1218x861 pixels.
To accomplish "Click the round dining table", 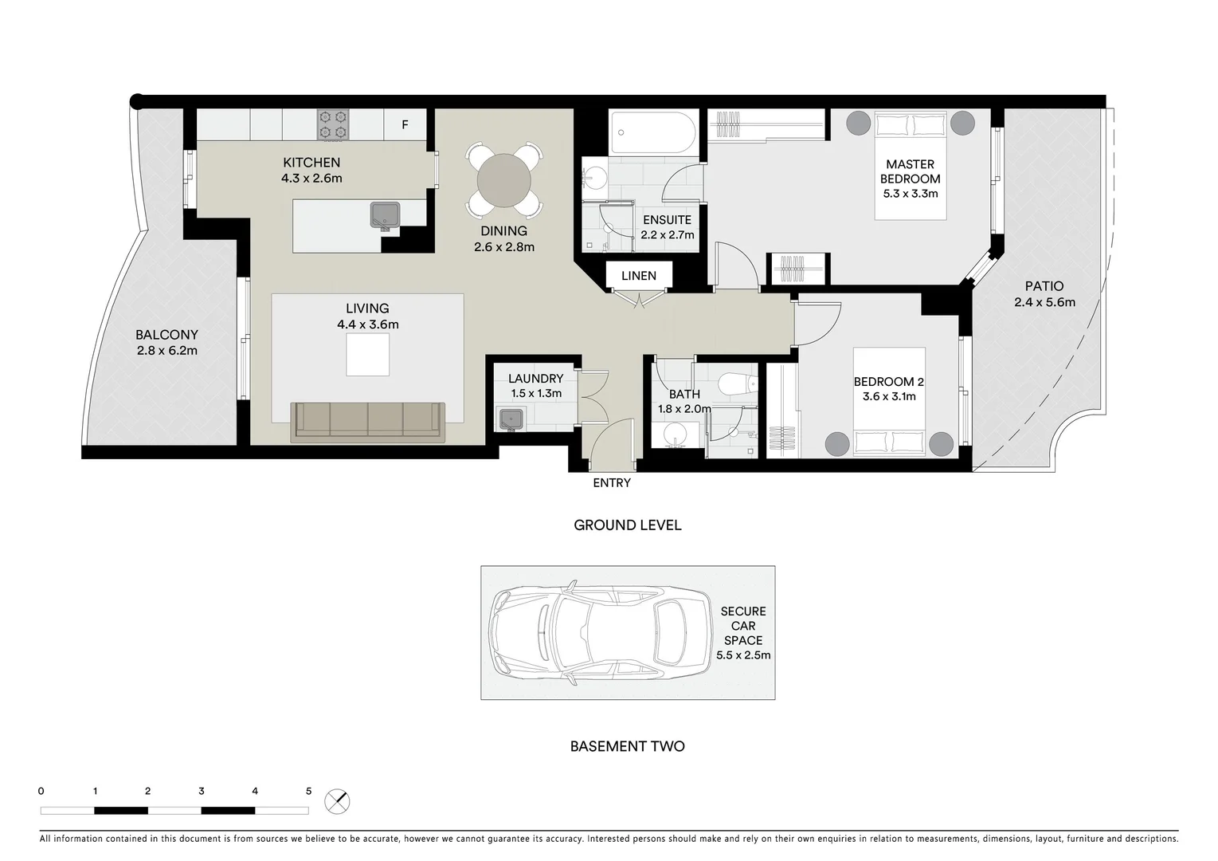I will [x=503, y=180].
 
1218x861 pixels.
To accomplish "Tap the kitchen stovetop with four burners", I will [x=333, y=124].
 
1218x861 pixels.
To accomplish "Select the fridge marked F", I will [x=405, y=124].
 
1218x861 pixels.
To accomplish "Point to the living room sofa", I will [x=368, y=420].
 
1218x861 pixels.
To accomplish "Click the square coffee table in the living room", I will [x=367, y=354].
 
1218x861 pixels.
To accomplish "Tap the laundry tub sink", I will [x=509, y=419].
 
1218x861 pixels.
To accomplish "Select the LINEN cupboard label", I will [x=639, y=276].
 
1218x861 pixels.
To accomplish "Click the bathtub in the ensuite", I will [x=653, y=132].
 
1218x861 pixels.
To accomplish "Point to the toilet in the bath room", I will [x=737, y=384].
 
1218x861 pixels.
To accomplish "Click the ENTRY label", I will [x=612, y=483].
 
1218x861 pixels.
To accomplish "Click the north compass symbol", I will [x=337, y=801].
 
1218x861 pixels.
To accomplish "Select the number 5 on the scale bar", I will [x=308, y=792].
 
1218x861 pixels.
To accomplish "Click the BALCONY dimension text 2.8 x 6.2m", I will [x=166, y=350].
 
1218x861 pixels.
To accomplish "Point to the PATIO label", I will [x=1044, y=286].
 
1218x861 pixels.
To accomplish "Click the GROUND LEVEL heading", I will [x=628, y=525].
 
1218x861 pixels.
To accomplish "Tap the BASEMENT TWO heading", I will [x=628, y=747].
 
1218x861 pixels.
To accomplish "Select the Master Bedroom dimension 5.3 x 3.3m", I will [x=910, y=194].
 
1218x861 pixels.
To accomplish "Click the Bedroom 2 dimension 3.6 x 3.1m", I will [x=888, y=396].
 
